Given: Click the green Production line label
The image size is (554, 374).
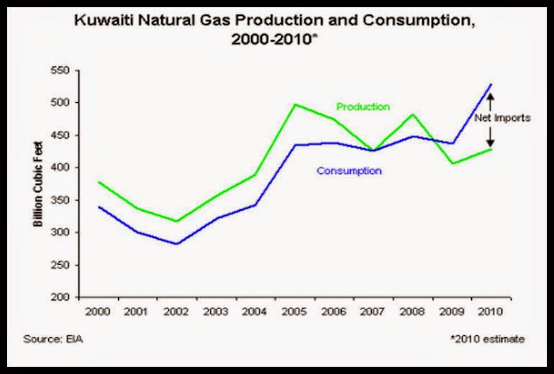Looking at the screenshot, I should click(x=363, y=106).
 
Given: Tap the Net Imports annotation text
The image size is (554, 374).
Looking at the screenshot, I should click(x=501, y=118).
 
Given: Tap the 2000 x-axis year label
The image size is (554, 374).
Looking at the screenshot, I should click(x=99, y=312).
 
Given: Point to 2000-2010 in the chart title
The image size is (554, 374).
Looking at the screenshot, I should click(x=271, y=40).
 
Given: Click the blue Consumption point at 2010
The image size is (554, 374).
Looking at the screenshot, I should click(x=491, y=84).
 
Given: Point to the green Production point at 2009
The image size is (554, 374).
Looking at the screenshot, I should click(x=453, y=163).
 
